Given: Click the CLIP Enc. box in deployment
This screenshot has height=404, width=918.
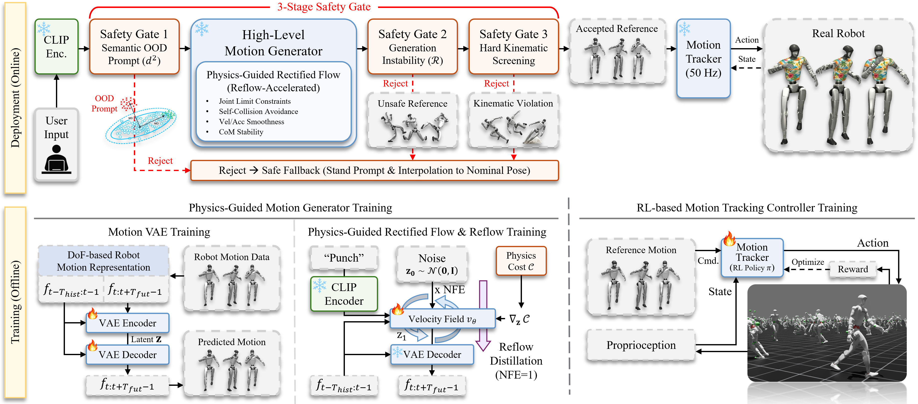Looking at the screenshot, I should point(56,47).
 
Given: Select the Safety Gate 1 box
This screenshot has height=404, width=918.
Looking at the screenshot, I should point(134,47).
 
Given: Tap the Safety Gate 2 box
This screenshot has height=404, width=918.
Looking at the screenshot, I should point(412,47).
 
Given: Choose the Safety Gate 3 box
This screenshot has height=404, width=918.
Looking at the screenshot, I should point(513,47).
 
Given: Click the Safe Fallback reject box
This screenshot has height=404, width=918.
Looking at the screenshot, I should point(374,171).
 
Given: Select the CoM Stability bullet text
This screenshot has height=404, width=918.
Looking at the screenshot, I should point(241,132).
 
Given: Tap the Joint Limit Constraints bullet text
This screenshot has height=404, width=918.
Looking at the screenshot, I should point(254,101).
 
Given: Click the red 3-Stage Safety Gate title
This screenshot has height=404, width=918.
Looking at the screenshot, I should point(324,7).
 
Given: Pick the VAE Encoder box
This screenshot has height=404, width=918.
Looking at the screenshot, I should point(128,323).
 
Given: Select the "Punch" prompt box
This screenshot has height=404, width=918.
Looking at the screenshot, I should point(344,258).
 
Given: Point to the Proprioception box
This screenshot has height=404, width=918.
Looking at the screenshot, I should point(641,345).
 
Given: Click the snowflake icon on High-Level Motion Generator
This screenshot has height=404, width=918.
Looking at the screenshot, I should point(202,29).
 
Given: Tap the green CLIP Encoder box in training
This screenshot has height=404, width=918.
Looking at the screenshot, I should point(344,294).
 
